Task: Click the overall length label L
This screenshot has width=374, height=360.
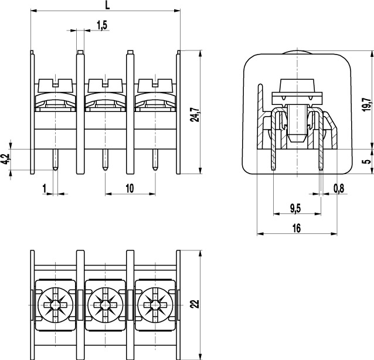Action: point(108,5)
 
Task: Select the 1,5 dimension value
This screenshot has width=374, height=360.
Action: point(103,25)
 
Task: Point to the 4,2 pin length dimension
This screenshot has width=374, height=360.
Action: point(5,159)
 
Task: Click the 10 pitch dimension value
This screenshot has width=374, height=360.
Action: point(130,188)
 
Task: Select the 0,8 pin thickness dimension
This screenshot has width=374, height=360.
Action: point(339,189)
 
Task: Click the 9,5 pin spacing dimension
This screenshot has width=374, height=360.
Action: point(295,209)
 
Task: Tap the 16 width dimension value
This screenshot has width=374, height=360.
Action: point(297,228)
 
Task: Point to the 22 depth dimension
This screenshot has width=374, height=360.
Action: point(196,304)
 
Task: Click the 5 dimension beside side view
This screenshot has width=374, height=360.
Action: point(368,161)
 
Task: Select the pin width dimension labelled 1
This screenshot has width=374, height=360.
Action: point(45,188)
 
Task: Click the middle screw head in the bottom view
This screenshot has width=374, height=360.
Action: point(105,305)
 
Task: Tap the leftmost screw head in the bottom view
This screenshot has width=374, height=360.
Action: point(55,305)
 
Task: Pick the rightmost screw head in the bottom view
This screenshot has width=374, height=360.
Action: point(155,305)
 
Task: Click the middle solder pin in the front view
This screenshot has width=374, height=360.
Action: point(105,159)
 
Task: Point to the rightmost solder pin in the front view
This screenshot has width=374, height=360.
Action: point(155,159)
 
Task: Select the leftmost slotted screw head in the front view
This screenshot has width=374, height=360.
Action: point(55,86)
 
